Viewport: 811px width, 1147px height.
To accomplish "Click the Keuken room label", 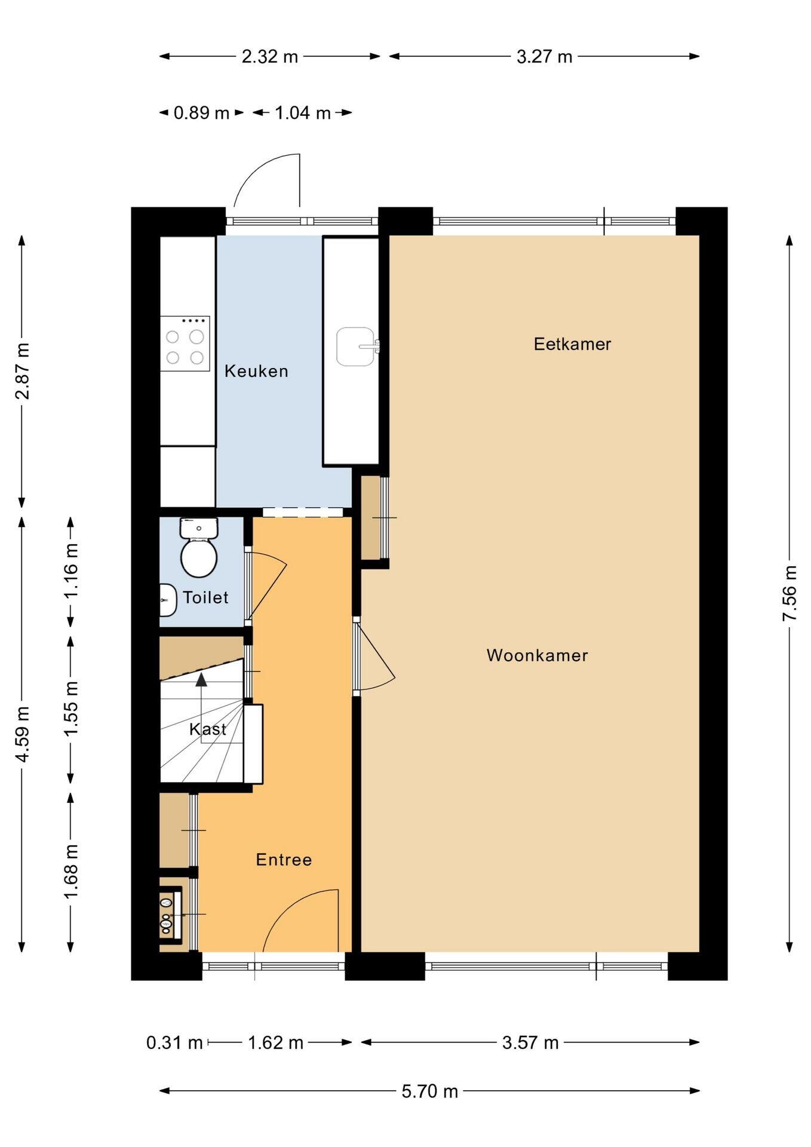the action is click(256, 371).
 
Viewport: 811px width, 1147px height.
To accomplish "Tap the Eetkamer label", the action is click(572, 344).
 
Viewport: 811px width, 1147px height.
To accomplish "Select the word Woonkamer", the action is click(537, 655).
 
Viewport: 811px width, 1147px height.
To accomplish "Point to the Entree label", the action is click(284, 860).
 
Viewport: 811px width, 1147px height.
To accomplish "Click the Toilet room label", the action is click(205, 597).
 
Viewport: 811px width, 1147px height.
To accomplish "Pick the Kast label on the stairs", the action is click(207, 729).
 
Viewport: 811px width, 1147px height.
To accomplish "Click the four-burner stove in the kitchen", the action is click(185, 344).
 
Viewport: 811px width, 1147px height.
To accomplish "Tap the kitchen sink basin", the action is click(356, 346).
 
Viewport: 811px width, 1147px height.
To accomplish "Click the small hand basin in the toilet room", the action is click(168, 600).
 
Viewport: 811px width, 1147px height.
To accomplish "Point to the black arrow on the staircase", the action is click(201, 679).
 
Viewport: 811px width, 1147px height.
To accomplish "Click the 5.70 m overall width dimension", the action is click(429, 1091).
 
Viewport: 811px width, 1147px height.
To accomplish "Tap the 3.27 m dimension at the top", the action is click(544, 57).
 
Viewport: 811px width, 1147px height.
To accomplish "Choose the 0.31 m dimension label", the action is click(174, 1043).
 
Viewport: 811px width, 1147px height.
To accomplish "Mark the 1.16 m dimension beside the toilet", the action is click(71, 571).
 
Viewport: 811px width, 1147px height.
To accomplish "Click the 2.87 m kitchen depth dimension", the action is click(22, 371).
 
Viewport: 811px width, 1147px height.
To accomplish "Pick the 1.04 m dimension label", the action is click(303, 113).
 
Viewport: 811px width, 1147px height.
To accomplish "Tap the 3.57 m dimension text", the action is click(530, 1043).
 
